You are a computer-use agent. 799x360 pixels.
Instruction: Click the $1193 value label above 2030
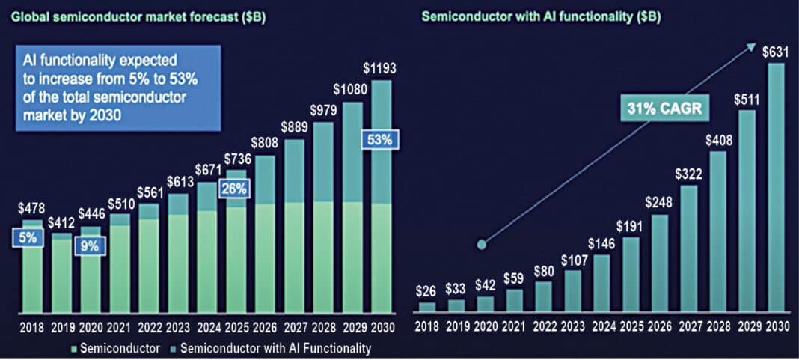click(x=381, y=68)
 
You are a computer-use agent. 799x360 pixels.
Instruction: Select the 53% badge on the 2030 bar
click(x=381, y=139)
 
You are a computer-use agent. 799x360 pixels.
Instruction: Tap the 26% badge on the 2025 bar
click(x=234, y=189)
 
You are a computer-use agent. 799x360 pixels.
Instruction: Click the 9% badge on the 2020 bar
click(x=88, y=245)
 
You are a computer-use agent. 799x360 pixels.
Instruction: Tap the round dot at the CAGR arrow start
click(x=483, y=244)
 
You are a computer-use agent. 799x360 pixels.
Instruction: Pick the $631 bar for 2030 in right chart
click(x=777, y=187)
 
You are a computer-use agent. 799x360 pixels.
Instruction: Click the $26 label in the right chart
click(x=426, y=290)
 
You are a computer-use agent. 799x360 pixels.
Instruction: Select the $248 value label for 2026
click(x=658, y=203)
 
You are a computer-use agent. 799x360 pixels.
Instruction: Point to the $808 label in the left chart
click(x=263, y=142)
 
